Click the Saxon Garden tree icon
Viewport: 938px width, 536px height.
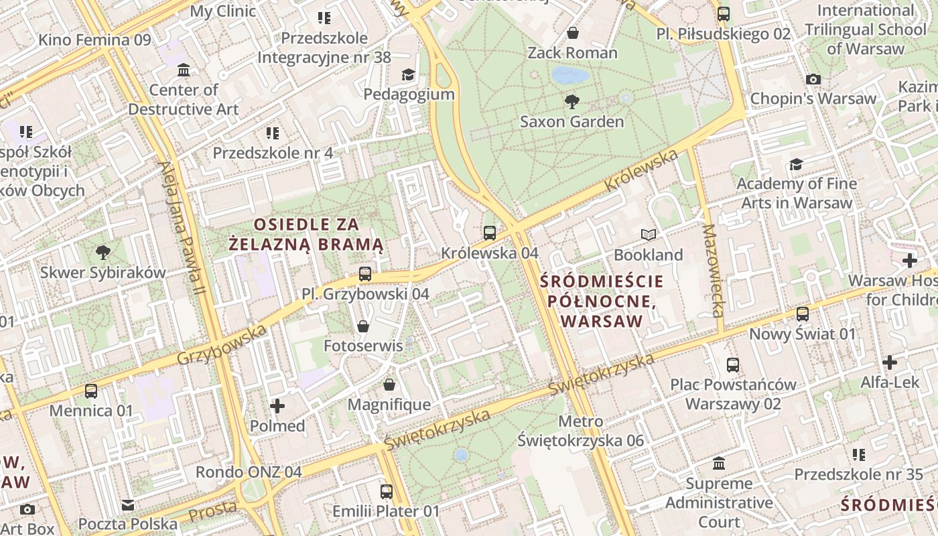pos(572,101)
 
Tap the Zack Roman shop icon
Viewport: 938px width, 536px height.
pos(572,32)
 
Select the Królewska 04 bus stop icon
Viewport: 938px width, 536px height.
pos(490,233)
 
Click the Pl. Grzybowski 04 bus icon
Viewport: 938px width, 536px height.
pos(364,273)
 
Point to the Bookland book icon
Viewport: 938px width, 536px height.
pos(648,234)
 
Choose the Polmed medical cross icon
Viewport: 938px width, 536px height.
pos(277,405)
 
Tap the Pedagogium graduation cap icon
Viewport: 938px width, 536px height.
pos(408,74)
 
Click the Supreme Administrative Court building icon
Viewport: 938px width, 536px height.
pos(719,463)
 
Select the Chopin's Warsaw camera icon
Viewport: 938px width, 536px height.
pos(813,79)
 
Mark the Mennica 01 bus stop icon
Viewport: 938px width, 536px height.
pos(90,391)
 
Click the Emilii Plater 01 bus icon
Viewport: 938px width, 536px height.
pos(386,491)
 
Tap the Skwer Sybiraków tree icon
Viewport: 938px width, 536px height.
pos(103,253)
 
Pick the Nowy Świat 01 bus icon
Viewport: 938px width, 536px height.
pos(802,314)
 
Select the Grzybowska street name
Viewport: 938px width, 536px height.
pos(221,344)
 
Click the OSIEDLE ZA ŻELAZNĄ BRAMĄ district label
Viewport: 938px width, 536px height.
pos(306,234)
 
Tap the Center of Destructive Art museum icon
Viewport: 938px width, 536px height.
pos(183,70)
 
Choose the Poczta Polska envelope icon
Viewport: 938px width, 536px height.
pos(127,504)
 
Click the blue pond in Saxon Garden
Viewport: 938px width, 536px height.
pos(570,75)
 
